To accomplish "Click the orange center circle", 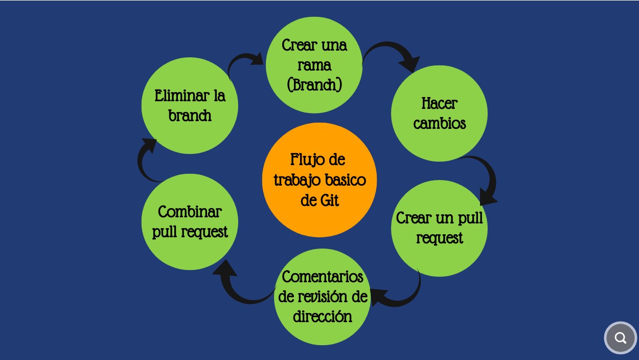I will pos(319,180).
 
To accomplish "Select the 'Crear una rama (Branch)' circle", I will pos(314,65).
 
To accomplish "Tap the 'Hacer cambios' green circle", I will pos(439,114).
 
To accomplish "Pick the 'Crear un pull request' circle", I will pos(439,228).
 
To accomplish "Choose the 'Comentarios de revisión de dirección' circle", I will pos(323,297).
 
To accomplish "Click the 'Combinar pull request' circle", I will pos(190,222).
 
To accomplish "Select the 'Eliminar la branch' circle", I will pos(190,105).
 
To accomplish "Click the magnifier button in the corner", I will pos(620,338).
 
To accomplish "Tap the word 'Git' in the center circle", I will pos(330,200).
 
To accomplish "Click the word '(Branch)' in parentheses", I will pos(314,84).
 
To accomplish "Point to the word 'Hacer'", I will pos(440,104).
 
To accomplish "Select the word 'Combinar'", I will pos(190,212).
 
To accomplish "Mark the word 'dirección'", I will pos(323,317).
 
